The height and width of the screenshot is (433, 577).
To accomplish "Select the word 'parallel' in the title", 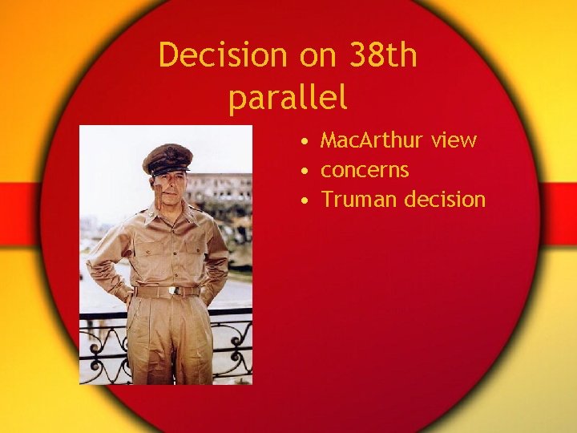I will pyautogui.click(x=288, y=98).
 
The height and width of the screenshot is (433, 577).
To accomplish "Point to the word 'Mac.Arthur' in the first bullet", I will pyautogui.click(x=371, y=140).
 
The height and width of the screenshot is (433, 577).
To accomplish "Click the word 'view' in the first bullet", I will pyautogui.click(x=453, y=140).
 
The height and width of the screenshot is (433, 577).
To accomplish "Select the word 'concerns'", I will pyautogui.click(x=365, y=170).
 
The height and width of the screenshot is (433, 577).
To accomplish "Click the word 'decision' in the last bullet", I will pyautogui.click(x=445, y=199).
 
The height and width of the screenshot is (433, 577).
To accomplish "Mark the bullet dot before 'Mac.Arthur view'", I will pyautogui.click(x=306, y=142).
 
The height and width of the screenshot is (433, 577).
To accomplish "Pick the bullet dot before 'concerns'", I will pyautogui.click(x=306, y=172).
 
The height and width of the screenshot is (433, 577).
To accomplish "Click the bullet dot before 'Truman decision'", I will pyautogui.click(x=306, y=200).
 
